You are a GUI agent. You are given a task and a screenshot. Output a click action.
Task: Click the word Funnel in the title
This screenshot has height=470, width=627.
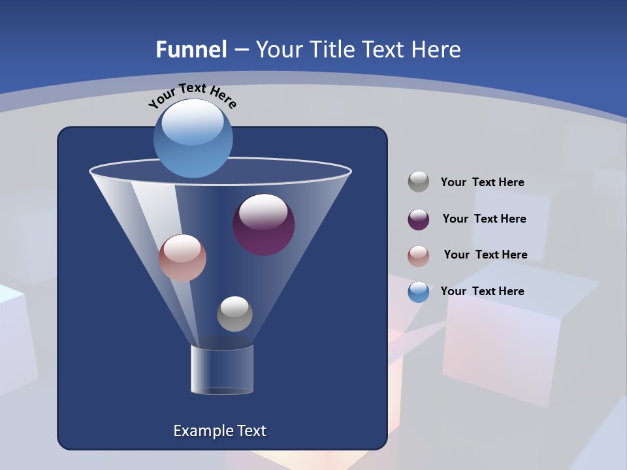point(191,50)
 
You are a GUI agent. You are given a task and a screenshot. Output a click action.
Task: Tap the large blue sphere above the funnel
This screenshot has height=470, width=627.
point(193,138)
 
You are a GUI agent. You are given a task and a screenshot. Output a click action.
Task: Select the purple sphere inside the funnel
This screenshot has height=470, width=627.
point(264,225)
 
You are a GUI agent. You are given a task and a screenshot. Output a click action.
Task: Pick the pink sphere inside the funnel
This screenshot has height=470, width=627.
point(182,258)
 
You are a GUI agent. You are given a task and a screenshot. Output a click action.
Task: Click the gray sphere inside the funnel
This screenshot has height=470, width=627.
point(234,313)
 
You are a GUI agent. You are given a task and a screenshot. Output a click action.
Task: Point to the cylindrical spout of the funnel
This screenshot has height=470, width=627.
point(222,369)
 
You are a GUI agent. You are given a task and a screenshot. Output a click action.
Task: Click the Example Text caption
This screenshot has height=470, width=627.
point(219,431)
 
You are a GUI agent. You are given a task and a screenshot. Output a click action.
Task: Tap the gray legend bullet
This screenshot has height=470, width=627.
point(419,181)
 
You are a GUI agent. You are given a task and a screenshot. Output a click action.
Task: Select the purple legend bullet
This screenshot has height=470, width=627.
point(419,219)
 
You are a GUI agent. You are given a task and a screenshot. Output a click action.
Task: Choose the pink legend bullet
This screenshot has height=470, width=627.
point(419,256)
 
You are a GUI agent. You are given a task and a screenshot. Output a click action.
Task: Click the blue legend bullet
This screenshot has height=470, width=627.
point(419,292)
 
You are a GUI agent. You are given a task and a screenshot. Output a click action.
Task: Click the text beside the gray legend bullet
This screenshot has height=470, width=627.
point(482,182)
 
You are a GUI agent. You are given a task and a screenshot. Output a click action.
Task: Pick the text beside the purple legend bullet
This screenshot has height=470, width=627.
point(484,219)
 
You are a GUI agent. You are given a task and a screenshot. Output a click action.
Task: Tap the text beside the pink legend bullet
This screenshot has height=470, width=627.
point(485,255)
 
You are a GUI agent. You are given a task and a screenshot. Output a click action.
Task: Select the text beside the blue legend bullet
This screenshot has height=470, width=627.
point(482,291)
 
